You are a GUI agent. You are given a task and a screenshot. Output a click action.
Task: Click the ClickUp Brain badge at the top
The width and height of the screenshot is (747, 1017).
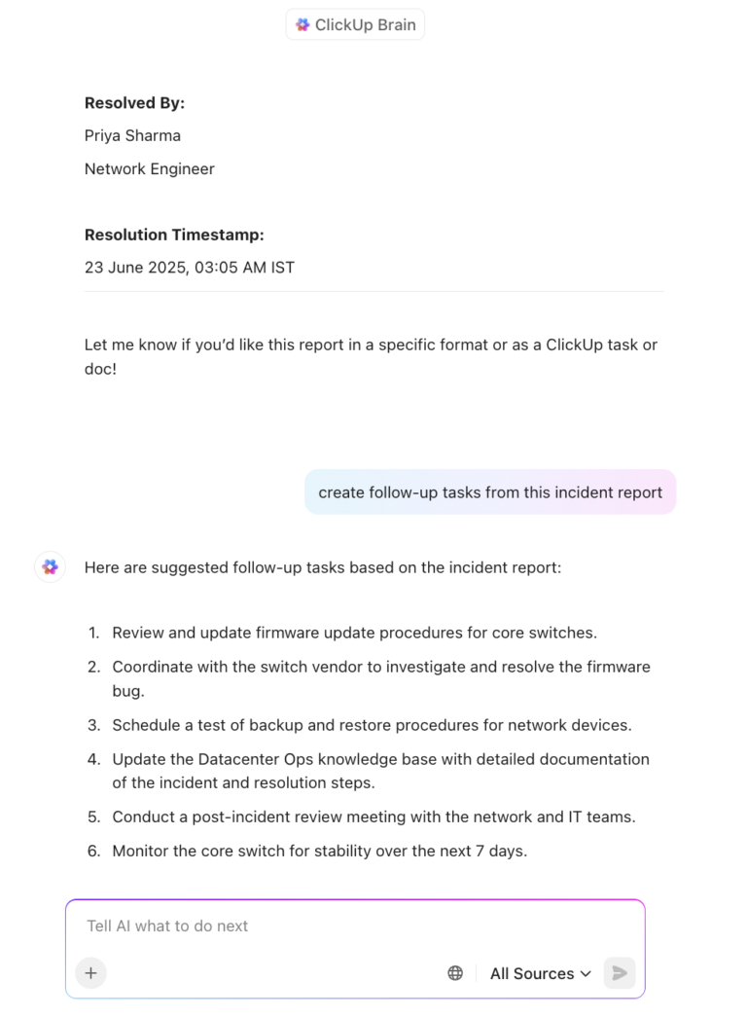(x=355, y=25)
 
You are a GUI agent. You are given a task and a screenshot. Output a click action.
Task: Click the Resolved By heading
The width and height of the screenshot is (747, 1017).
(x=134, y=103)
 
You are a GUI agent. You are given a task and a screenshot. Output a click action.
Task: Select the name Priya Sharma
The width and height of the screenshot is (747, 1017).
(x=132, y=135)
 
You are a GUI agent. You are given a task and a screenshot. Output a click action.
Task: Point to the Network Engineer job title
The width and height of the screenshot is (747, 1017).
(x=149, y=168)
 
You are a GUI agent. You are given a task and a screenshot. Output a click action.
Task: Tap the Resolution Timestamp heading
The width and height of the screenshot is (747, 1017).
(x=174, y=235)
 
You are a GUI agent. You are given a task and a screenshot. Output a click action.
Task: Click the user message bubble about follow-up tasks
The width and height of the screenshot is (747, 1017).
(x=490, y=492)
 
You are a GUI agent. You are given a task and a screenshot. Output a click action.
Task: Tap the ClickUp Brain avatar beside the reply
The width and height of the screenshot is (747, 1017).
(x=51, y=567)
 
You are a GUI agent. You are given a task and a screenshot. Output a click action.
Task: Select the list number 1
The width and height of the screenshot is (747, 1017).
(x=94, y=633)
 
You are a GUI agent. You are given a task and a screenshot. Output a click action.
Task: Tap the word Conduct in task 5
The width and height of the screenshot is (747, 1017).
(x=142, y=817)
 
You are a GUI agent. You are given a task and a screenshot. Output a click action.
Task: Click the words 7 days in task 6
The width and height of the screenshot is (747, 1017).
(x=500, y=851)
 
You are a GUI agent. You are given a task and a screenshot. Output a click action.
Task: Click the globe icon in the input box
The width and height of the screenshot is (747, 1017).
(x=455, y=973)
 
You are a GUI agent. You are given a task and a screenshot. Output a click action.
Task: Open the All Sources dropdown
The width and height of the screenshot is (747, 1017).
(x=540, y=973)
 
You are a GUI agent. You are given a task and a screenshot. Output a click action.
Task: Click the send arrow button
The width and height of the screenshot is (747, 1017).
(x=619, y=973)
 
